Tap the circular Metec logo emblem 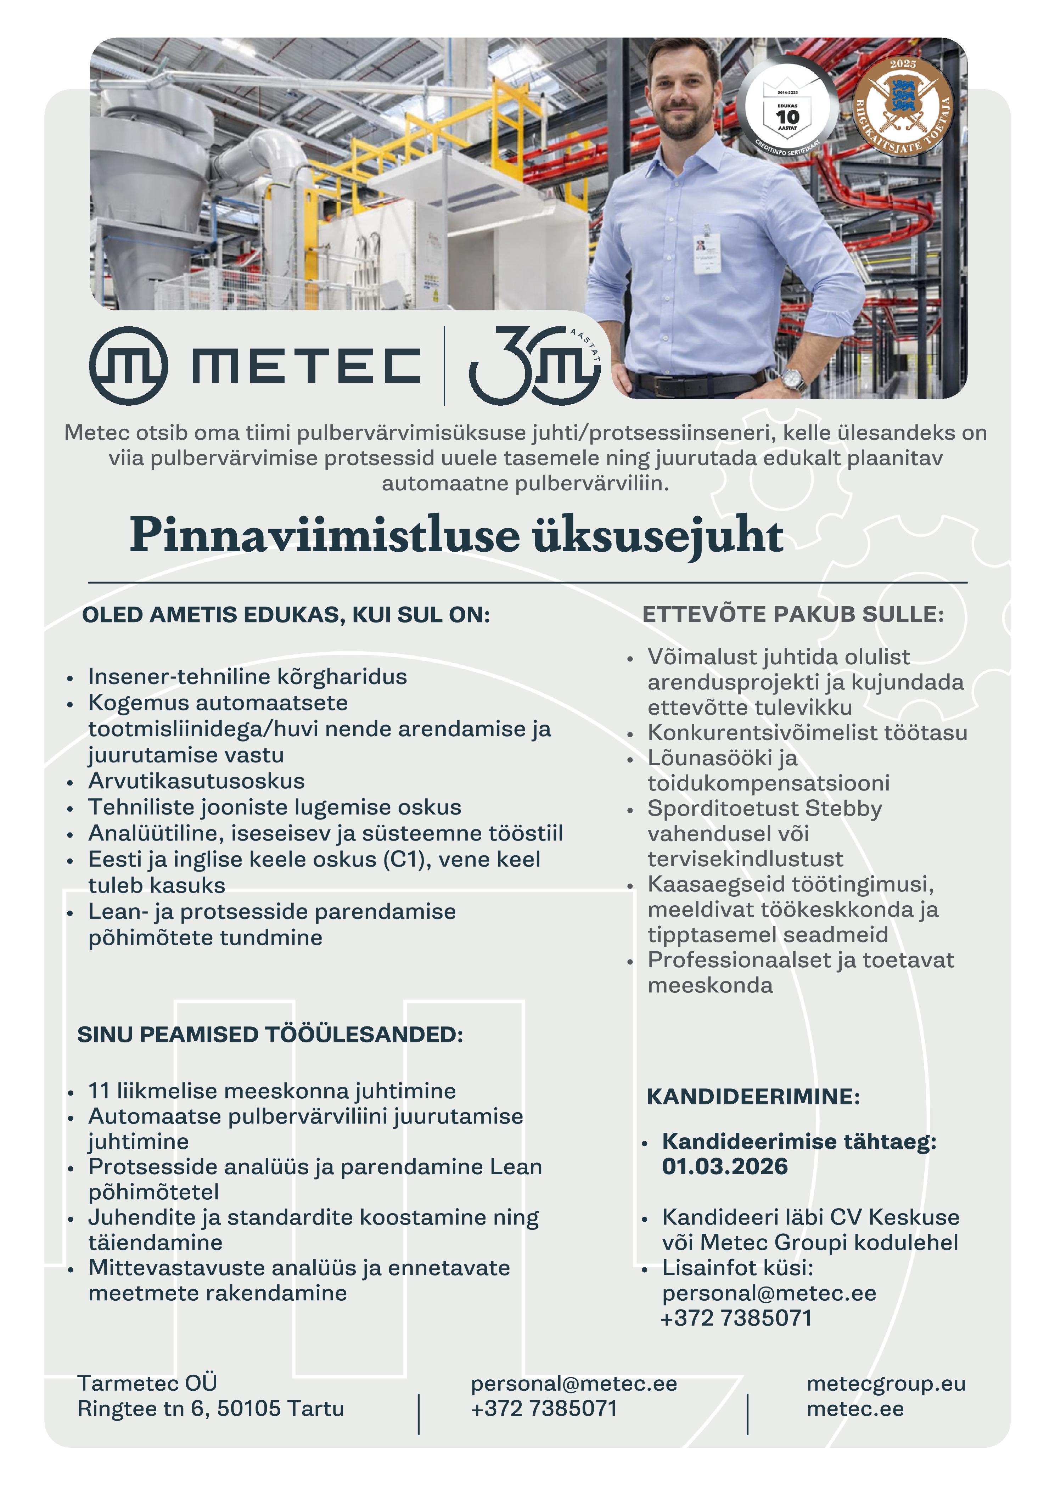point(128,366)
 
